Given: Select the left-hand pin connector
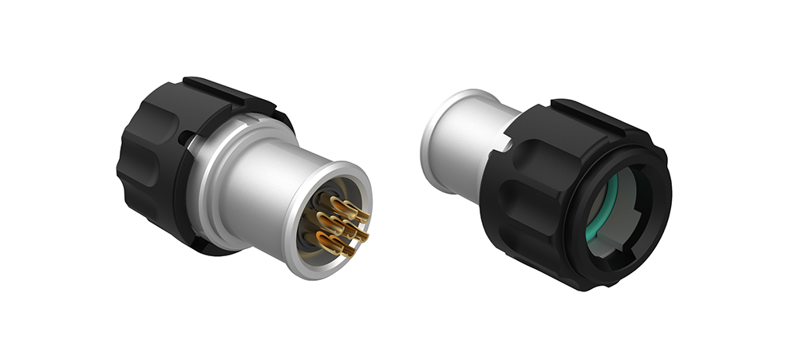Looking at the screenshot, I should click(x=239, y=176).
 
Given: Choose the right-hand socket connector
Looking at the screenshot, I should click(x=559, y=184).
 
